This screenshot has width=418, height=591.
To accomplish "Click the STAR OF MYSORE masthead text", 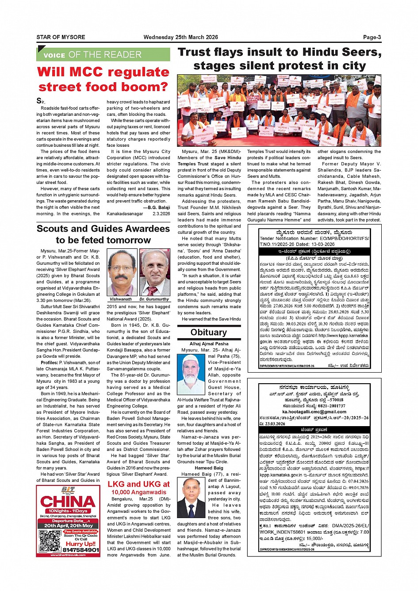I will (x=61, y=37).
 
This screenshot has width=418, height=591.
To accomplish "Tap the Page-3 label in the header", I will (x=372, y=37).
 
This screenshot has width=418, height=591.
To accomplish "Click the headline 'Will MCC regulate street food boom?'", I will (x=103, y=79).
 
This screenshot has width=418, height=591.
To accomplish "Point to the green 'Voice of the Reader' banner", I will (x=103, y=55).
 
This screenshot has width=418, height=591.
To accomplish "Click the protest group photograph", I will (x=279, y=111).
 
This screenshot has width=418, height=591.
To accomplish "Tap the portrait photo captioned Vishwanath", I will (x=122, y=272).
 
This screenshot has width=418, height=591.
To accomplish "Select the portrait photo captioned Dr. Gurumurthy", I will (x=155, y=272).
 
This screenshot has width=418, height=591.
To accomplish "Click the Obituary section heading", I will (x=208, y=332).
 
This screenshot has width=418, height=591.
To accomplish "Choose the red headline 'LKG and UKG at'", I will (x=138, y=484).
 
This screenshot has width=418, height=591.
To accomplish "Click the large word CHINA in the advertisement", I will (x=68, y=502).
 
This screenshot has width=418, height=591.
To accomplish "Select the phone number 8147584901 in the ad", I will (x=81, y=550).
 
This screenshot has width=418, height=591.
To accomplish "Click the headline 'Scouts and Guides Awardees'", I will (x=103, y=229).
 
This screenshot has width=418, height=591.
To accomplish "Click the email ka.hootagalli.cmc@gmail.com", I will (x=314, y=412).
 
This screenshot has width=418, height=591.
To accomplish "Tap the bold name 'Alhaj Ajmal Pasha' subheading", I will (x=209, y=343).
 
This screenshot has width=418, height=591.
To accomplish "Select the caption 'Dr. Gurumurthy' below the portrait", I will (x=154, y=299).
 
